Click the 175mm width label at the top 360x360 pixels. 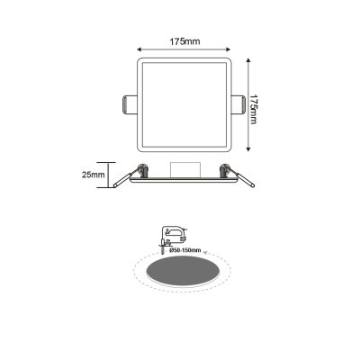[x=183, y=40]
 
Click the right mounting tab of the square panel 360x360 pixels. [x=238, y=103]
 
